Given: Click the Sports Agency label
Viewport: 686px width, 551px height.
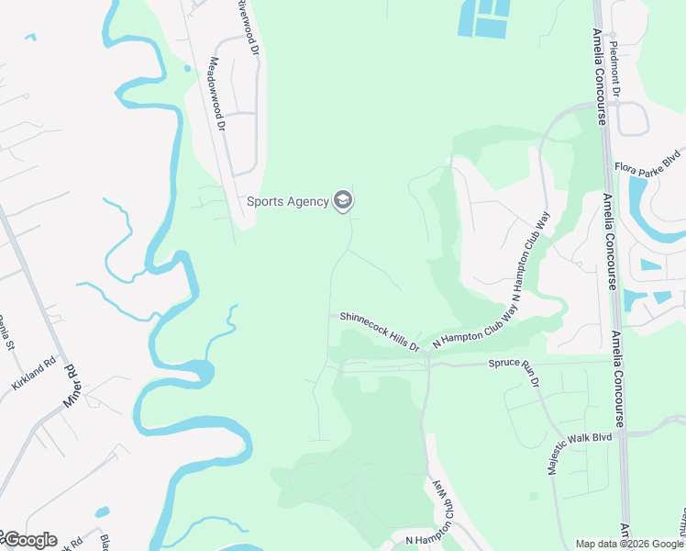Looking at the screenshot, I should (287, 201).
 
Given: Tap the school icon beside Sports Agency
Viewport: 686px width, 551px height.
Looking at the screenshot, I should (343, 199).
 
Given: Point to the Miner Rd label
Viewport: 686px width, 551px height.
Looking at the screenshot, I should (71, 386).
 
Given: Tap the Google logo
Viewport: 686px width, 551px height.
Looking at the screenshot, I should (29, 540).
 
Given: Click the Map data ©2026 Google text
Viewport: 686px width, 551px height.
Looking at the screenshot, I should (630, 544).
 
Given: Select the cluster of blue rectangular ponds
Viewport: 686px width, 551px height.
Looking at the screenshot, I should (484, 18).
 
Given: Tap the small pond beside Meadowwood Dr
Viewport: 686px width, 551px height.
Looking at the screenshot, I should (188, 68).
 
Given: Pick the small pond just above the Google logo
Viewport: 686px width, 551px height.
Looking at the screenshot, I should (102, 512).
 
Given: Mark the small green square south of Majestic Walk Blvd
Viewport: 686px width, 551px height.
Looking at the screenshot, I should (534, 497).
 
